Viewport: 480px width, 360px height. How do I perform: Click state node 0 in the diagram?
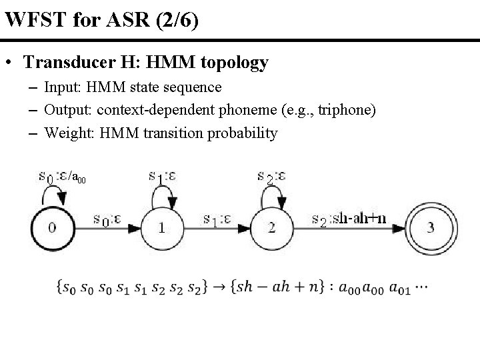point(52,227)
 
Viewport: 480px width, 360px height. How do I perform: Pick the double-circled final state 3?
point(431,227)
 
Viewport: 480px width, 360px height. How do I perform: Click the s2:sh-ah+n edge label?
point(348,219)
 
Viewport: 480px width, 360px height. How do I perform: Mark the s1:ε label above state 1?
point(162,177)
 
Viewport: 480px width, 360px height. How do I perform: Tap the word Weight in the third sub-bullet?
point(65,133)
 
